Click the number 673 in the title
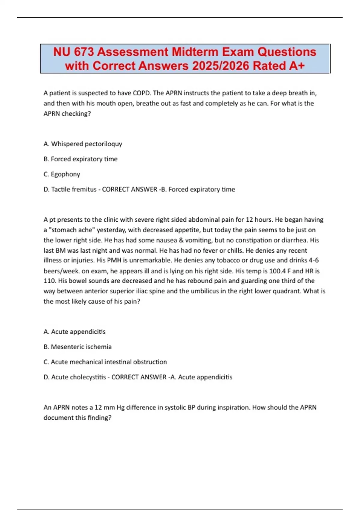point(84,52)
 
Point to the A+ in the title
point(297,66)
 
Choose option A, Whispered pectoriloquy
point(83,144)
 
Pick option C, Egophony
point(62,174)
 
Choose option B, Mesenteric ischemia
point(78,347)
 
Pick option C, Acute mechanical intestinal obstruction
point(105,362)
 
